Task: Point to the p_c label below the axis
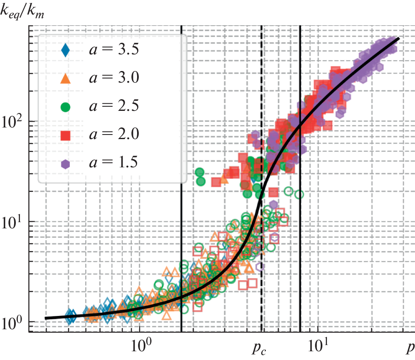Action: coord(258,347)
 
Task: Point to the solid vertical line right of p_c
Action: coord(300,249)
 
